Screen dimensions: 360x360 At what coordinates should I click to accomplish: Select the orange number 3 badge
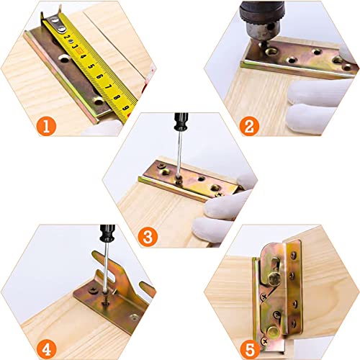[x=148, y=235]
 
